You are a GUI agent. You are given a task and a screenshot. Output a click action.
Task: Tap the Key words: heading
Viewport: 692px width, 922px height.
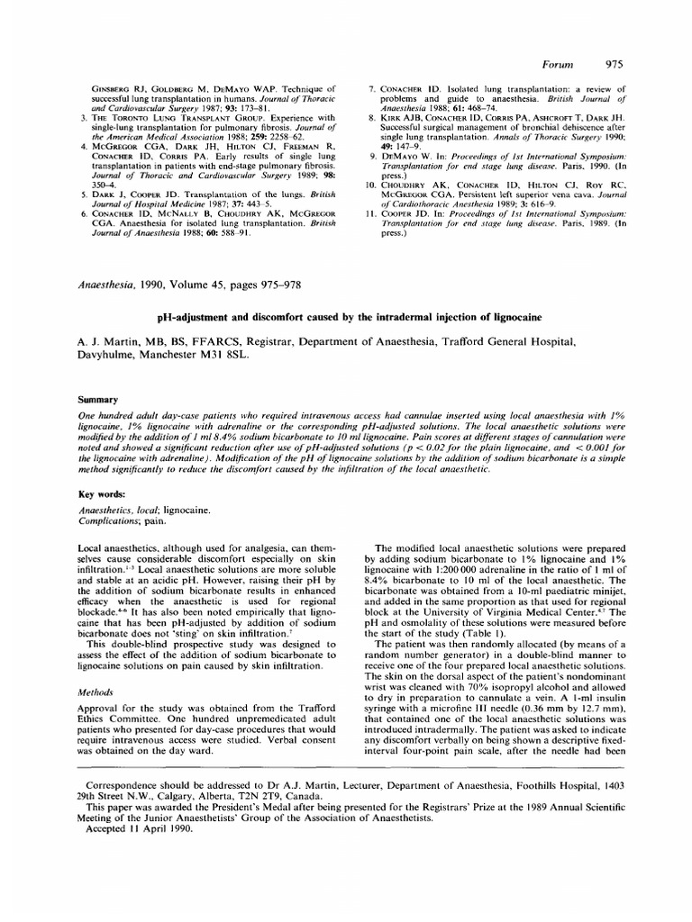(104, 493)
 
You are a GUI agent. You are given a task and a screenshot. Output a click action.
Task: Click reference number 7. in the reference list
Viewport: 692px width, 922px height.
(371, 90)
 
